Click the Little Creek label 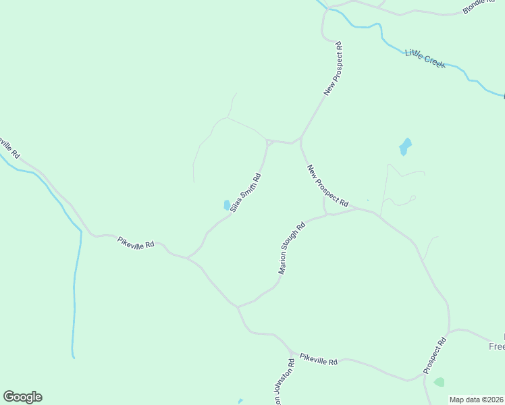tap(425, 57)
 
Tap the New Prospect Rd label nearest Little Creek tap(334, 69)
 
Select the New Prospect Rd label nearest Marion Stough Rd tap(327, 186)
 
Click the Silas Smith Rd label tap(245, 193)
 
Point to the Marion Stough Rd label tap(292, 248)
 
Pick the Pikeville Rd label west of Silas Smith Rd tap(136, 242)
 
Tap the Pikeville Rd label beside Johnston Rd tap(318, 358)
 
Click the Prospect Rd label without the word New tap(435, 356)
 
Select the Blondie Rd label tap(479, 6)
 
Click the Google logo tap(22, 397)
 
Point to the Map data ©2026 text tap(477, 400)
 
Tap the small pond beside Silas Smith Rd tap(225, 205)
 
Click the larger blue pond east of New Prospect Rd tap(405, 146)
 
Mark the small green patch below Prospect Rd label tap(440, 382)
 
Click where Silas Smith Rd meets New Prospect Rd tap(268, 142)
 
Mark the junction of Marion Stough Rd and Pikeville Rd tap(237, 306)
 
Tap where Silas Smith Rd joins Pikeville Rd tap(187, 257)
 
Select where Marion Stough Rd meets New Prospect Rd tap(328, 215)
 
